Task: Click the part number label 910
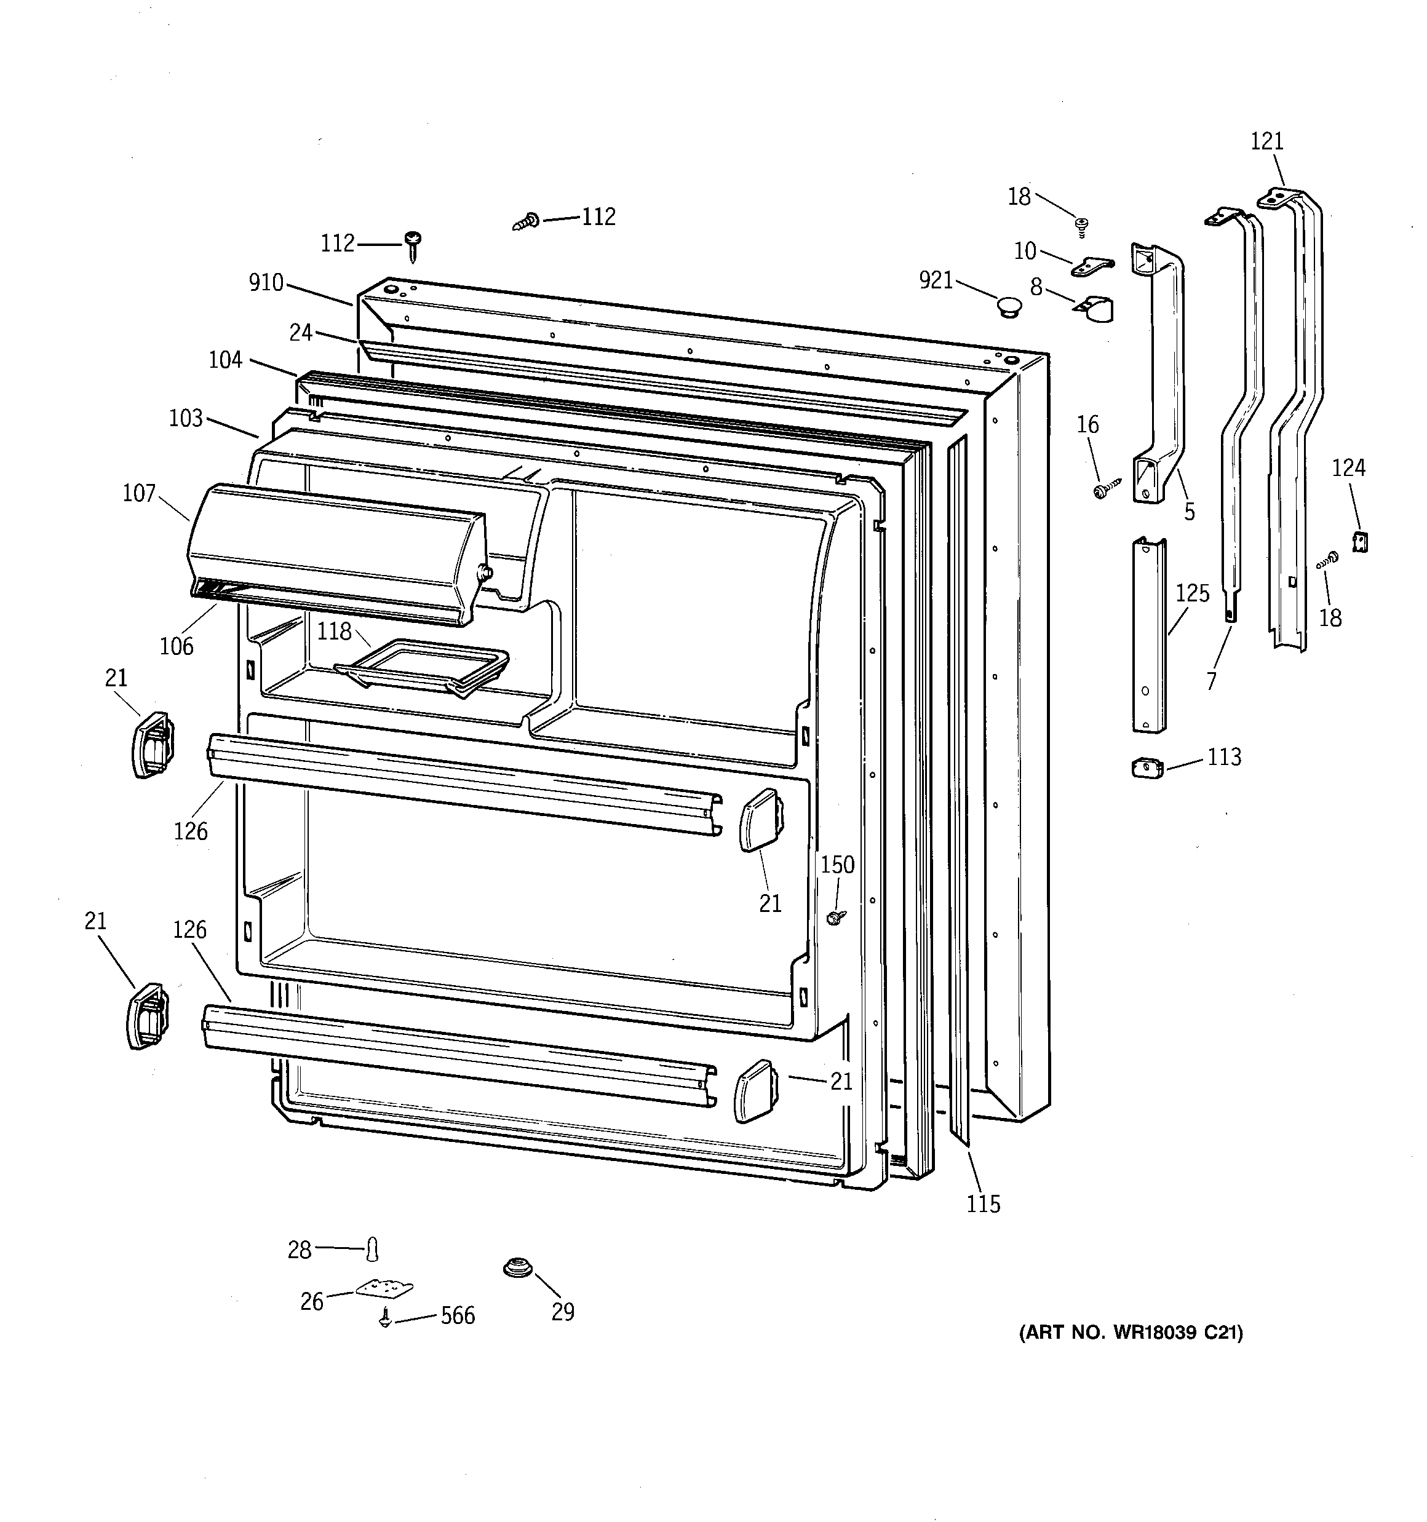(x=266, y=283)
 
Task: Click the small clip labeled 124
(x=1361, y=542)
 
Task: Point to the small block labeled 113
(x=1147, y=767)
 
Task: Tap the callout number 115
(x=983, y=1204)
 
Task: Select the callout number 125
(x=1193, y=593)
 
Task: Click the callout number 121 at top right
(x=1267, y=141)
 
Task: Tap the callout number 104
(x=225, y=360)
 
